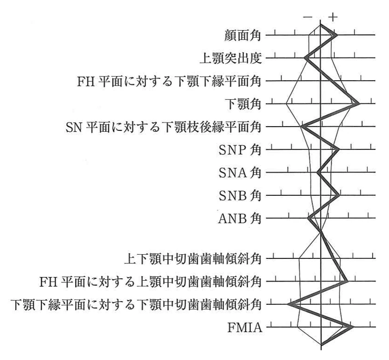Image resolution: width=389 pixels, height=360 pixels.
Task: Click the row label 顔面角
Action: (x=242, y=35)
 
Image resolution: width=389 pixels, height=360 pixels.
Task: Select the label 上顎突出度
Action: (x=231, y=58)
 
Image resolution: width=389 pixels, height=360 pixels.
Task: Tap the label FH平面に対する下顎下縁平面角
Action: (x=169, y=81)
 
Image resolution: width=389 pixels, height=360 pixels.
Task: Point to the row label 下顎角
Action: (x=243, y=104)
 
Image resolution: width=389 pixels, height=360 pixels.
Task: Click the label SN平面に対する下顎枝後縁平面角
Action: (x=164, y=127)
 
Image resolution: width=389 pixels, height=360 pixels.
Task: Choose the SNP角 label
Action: (x=240, y=150)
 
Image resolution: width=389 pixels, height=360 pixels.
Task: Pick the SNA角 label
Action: (x=240, y=173)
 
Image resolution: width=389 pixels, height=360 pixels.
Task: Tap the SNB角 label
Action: (x=240, y=196)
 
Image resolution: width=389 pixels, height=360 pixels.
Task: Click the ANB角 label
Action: (x=240, y=219)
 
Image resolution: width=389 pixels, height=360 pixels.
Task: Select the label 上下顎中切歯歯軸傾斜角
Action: (x=193, y=259)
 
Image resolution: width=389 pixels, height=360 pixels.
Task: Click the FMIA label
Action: (x=245, y=328)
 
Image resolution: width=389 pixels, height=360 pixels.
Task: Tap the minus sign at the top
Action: (x=308, y=17)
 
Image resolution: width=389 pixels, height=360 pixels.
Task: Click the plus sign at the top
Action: (x=333, y=17)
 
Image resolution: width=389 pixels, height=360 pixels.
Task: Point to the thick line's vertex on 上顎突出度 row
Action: (x=306, y=58)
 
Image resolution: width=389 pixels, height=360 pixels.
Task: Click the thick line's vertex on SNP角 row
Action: (x=338, y=149)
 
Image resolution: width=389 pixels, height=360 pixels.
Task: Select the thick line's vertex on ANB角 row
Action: (x=309, y=218)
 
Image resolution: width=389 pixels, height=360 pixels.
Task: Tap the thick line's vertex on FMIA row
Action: (x=352, y=327)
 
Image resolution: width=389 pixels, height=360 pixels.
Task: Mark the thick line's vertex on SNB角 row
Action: (x=338, y=195)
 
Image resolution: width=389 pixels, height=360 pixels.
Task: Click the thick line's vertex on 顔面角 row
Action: (x=337, y=35)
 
